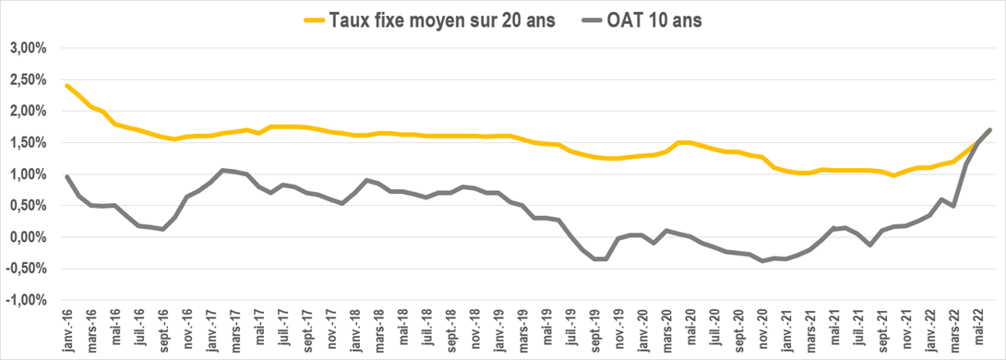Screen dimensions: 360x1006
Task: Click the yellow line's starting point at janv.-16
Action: coord(67,85)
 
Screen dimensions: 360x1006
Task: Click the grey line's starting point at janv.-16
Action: coord(67,176)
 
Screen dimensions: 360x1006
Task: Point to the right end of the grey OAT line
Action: coord(990,129)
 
